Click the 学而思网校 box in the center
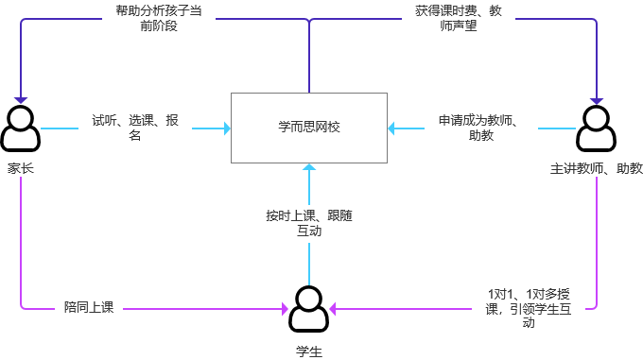pyautogui.click(x=309, y=127)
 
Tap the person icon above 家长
pyautogui.click(x=21, y=129)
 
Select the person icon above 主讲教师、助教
pyautogui.click(x=597, y=129)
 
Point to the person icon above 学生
pyautogui.click(x=309, y=308)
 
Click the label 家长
pyautogui.click(x=21, y=168)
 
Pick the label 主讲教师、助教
pyautogui.click(x=597, y=168)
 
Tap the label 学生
pyautogui.click(x=309, y=351)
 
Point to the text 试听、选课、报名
pyautogui.click(x=134, y=128)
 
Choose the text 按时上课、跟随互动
pyautogui.click(x=309, y=222)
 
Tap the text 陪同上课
pyautogui.click(x=89, y=307)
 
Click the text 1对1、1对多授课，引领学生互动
pyautogui.click(x=529, y=307)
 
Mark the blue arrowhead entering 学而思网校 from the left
pyautogui.click(x=227, y=128)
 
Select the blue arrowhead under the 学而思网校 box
pyautogui.click(x=309, y=167)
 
